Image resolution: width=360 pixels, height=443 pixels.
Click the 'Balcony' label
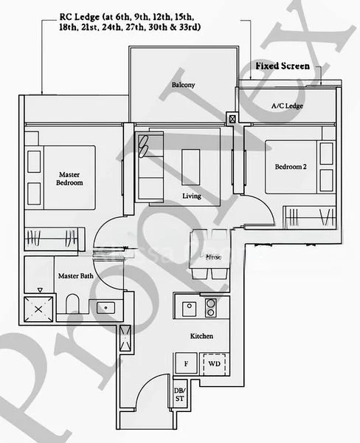tap(183, 85)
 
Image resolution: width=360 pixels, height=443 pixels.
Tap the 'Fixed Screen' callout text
tap(282, 66)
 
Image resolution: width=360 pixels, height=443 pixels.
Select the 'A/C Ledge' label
tap(287, 106)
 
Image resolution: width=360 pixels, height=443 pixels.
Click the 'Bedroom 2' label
tap(291, 168)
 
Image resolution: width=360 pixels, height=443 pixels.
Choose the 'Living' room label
tap(192, 196)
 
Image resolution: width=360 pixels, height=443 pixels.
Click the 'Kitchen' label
tap(201, 336)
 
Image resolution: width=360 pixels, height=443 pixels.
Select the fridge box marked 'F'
tap(185, 364)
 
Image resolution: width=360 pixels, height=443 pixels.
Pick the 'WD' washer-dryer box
tap(213, 364)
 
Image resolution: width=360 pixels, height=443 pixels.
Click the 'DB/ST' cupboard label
tap(179, 394)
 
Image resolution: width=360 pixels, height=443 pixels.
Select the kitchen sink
tap(189, 306)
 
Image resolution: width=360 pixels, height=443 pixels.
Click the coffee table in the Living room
tap(191, 162)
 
